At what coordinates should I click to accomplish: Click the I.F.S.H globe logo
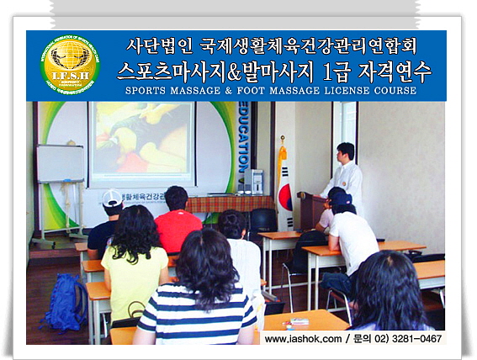(69, 65)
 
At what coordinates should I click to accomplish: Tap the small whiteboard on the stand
(60, 163)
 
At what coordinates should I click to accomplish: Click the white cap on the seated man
(112, 198)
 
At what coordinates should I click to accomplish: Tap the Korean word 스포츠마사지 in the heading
(168, 69)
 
